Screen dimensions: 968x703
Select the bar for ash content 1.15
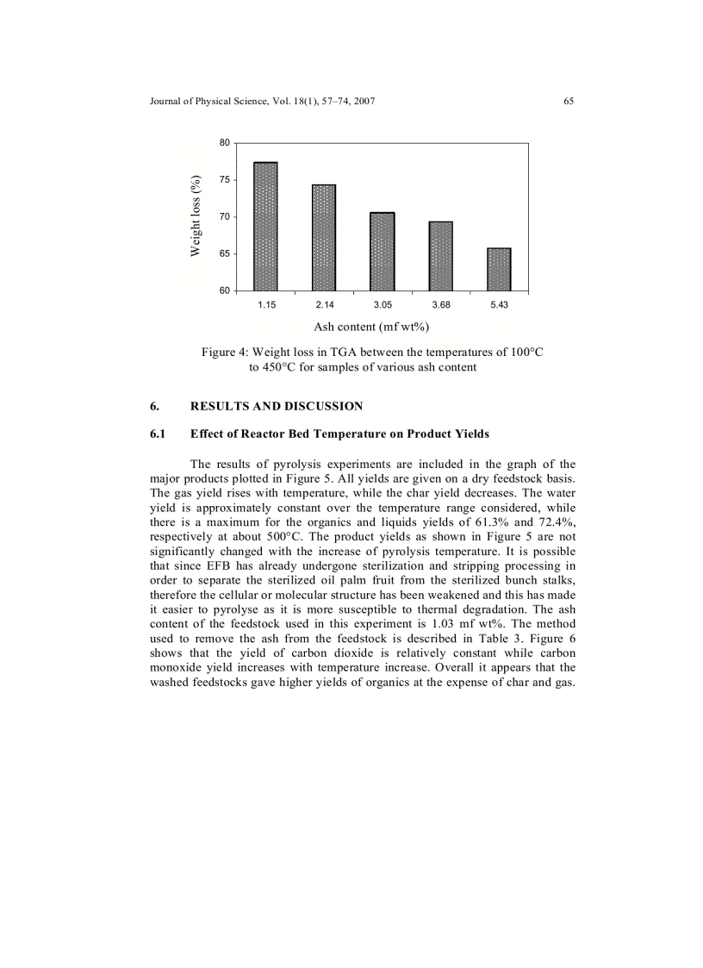(266, 227)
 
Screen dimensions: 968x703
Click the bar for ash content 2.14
(324, 238)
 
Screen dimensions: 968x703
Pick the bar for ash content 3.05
(383, 252)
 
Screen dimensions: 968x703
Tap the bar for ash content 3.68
(440, 256)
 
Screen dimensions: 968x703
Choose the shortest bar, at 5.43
(499, 269)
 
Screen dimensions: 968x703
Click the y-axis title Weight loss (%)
(196, 215)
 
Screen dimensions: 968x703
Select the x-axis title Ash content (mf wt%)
(370, 327)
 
